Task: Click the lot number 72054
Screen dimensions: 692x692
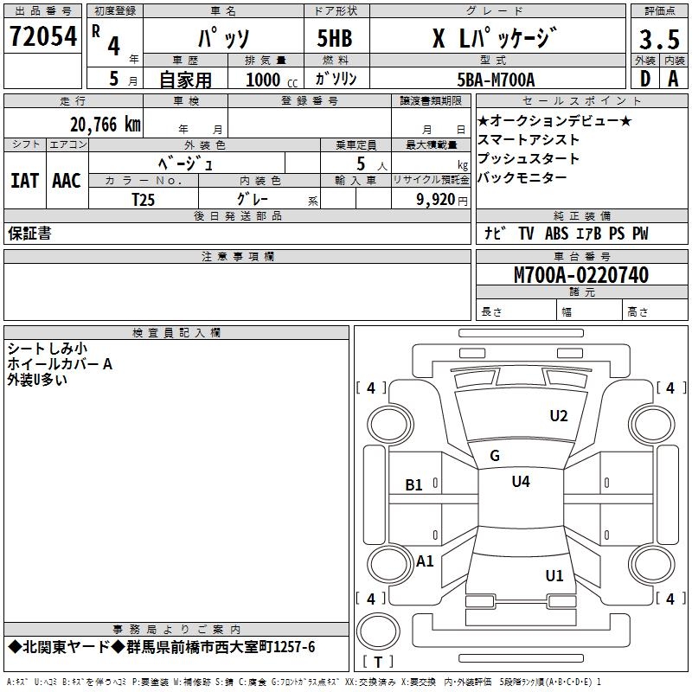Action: click(42, 36)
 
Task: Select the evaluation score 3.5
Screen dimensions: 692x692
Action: click(657, 39)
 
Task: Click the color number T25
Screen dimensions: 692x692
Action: click(144, 199)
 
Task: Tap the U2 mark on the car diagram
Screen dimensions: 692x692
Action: click(559, 416)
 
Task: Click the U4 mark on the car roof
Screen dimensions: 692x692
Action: click(521, 481)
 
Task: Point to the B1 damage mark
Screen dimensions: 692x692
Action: click(414, 485)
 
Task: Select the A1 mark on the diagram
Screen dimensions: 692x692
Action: click(425, 561)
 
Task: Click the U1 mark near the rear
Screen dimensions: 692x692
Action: click(554, 575)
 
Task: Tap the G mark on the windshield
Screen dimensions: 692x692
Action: click(495, 456)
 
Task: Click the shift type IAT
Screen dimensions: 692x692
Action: click(25, 181)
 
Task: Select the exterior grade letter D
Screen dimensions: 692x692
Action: click(644, 79)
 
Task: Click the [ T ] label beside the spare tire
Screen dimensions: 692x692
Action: click(377, 663)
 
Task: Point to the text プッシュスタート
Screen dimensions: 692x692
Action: click(516, 158)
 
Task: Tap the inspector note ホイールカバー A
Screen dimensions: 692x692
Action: click(60, 364)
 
